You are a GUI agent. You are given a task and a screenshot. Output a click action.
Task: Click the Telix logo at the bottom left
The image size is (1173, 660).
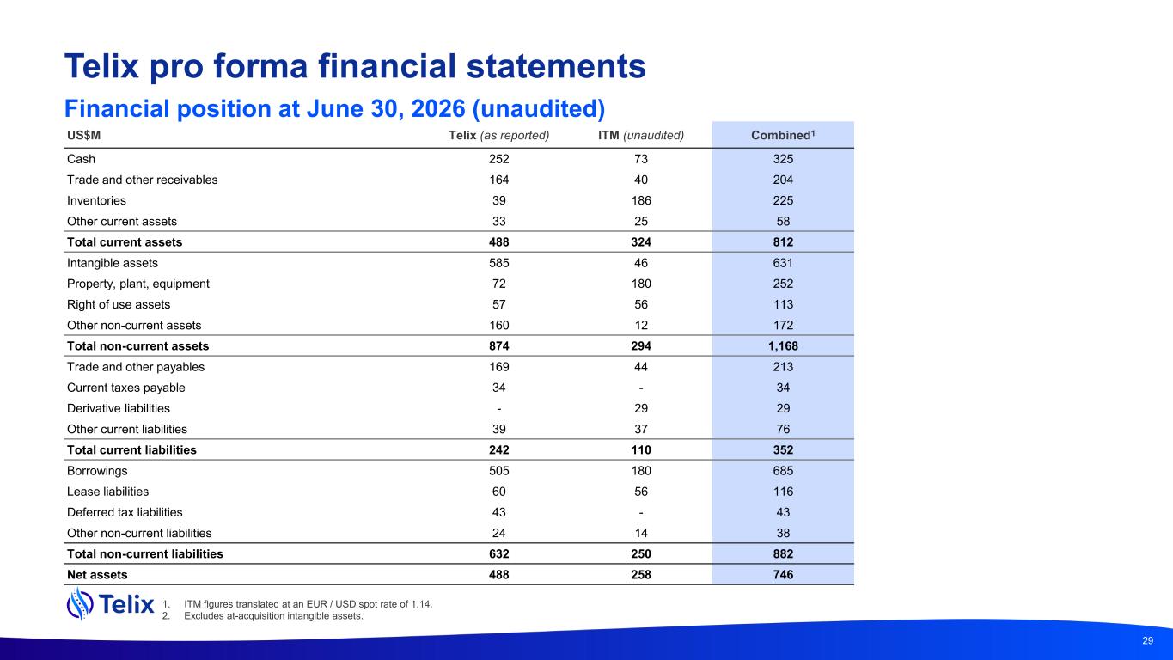[x=111, y=604]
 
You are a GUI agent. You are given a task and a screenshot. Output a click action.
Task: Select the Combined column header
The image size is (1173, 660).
[x=783, y=135]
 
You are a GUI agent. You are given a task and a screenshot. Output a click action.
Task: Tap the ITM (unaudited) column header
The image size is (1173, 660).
[x=641, y=136]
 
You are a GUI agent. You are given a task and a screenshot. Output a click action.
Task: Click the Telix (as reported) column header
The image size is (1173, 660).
[x=498, y=136]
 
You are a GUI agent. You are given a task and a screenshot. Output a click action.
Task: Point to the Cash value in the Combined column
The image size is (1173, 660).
[x=783, y=159]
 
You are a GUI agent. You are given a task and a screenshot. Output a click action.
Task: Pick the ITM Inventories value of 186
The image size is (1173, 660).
[x=641, y=200]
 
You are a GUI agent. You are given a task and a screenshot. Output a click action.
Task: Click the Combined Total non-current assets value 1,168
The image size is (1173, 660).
[x=783, y=346]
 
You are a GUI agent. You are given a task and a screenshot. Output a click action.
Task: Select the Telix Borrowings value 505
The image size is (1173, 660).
[x=498, y=471]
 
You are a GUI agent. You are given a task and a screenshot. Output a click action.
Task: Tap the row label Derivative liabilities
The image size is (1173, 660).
[x=119, y=408]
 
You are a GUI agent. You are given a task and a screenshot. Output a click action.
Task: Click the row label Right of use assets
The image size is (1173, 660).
[x=119, y=305]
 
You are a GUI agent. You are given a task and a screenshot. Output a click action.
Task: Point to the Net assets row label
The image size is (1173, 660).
[x=97, y=575]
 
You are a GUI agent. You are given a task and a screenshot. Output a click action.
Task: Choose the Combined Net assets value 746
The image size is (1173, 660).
[x=783, y=575]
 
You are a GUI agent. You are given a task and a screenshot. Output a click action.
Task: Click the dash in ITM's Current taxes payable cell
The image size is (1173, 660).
[x=641, y=388]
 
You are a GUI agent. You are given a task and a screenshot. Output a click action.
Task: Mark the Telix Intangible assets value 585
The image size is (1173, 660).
[x=498, y=263]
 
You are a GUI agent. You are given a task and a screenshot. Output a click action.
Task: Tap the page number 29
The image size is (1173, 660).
[x=1147, y=640]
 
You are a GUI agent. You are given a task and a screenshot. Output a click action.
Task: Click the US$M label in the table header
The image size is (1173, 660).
[x=84, y=135]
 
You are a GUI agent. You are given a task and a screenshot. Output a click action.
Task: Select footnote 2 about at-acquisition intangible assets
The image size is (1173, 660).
[x=262, y=616]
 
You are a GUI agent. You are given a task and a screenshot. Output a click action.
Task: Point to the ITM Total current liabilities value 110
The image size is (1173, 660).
[x=641, y=450]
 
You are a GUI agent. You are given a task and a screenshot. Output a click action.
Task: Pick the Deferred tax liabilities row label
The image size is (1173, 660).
[x=125, y=512]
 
